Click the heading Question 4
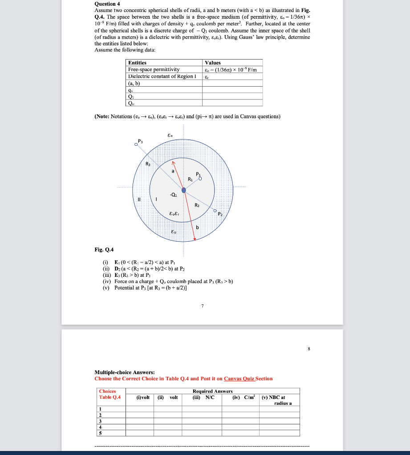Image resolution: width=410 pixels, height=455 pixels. coord(108,3)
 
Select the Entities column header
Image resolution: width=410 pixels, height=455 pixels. coord(137,63)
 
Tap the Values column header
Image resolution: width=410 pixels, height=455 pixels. coord(212,63)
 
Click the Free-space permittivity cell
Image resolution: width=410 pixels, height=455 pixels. coord(154,69)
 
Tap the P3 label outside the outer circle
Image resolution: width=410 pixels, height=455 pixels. coord(141,141)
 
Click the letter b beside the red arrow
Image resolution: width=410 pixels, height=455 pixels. coord(199,227)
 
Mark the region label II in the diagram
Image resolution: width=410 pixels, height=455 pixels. coord(140,200)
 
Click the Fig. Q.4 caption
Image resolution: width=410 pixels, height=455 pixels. coord(104,250)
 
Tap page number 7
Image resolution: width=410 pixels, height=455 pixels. coord(203,306)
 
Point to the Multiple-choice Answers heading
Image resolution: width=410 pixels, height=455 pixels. coord(125,372)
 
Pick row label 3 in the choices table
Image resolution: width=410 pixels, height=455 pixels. coord(101,421)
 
